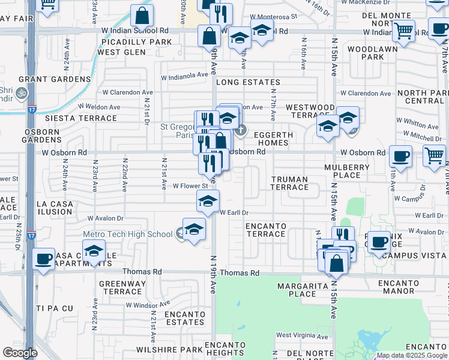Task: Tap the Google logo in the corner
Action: [20, 353]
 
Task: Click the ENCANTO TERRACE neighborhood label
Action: [266, 230]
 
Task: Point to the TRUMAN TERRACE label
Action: [289, 183]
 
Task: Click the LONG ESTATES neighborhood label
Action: [248, 82]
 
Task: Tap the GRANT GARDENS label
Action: [55, 79]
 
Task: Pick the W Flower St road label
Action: [190, 186]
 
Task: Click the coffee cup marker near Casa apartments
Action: [43, 259]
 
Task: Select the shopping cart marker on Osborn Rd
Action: [433, 155]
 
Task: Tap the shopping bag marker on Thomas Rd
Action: [336, 263]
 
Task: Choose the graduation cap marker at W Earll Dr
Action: [208, 201]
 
